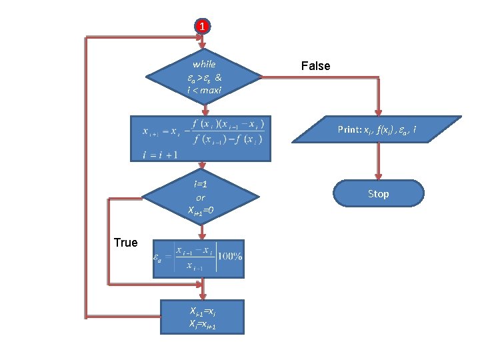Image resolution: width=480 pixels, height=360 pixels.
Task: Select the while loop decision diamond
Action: [203, 77]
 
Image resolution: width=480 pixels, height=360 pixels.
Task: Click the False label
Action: [315, 65]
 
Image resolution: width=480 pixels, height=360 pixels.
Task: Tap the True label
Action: [125, 243]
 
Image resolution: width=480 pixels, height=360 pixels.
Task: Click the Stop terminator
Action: [378, 193]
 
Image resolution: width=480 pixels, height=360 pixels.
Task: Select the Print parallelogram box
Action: [378, 129]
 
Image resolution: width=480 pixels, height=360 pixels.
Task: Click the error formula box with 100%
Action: [198, 259]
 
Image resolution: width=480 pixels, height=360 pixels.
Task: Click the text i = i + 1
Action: [160, 155]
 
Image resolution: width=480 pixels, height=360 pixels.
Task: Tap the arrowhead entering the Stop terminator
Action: [378, 176]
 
